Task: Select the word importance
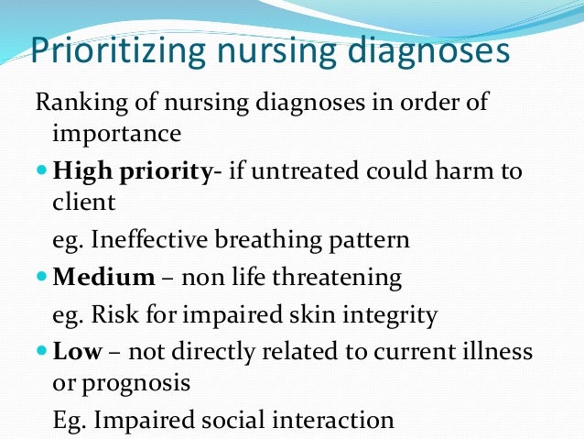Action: click(x=116, y=134)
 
